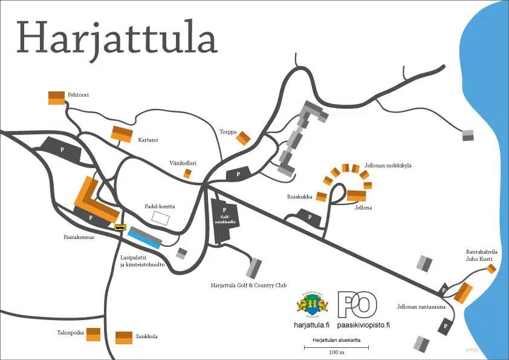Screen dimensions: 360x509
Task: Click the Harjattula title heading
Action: pyautogui.click(x=117, y=38)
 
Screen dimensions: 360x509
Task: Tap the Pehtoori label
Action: pyautogui.click(x=79, y=96)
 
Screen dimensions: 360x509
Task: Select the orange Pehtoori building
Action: pyautogui.click(x=56, y=97)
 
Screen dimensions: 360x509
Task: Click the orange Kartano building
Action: pyautogui.click(x=122, y=134)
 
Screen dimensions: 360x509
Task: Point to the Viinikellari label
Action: pyautogui.click(x=183, y=163)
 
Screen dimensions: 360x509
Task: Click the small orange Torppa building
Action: pyautogui.click(x=243, y=139)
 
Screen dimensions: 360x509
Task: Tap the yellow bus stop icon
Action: pyautogui.click(x=120, y=227)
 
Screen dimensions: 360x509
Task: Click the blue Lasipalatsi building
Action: pyautogui.click(x=144, y=239)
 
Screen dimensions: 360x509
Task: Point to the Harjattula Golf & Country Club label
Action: pyautogui.click(x=248, y=285)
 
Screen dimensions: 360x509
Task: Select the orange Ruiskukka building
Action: pyautogui.click(x=321, y=197)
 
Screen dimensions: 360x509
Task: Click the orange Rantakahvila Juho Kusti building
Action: pyautogui.click(x=491, y=268)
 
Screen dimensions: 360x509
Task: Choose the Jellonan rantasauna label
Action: pyautogui.click(x=421, y=306)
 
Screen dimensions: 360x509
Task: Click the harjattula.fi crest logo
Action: pyautogui.click(x=313, y=304)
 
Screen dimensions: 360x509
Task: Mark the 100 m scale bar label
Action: pyautogui.click(x=336, y=352)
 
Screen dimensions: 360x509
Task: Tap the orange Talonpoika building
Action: pyautogui.click(x=92, y=335)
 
